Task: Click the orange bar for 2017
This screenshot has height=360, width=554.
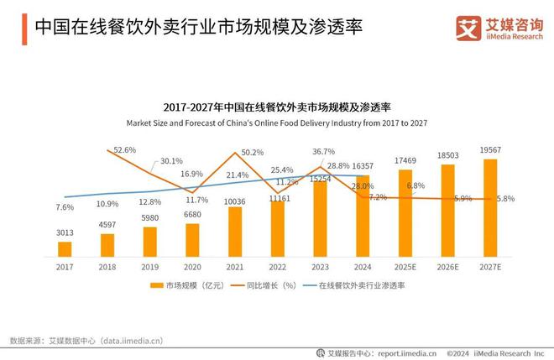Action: pyautogui.click(x=65, y=248)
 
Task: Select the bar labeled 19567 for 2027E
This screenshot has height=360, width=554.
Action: pyautogui.click(x=490, y=207)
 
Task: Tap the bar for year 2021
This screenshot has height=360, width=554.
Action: pyautogui.click(x=235, y=231)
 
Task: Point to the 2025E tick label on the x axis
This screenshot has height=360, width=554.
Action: pyautogui.click(x=405, y=267)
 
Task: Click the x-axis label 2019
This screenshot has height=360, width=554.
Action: pyautogui.click(x=149, y=267)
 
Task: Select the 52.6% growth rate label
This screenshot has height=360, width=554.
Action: pyautogui.click(x=125, y=149)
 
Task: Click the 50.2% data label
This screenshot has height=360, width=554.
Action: pyautogui.click(x=253, y=153)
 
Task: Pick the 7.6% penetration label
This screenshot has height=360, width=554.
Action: pyautogui.click(x=65, y=206)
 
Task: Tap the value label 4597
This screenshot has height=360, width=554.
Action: pyautogui.click(x=107, y=225)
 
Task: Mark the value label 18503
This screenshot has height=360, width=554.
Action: pyautogui.click(x=448, y=155)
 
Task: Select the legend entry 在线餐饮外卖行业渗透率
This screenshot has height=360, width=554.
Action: pyautogui.click(x=362, y=286)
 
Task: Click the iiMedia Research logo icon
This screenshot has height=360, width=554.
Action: pyautogui.click(x=467, y=28)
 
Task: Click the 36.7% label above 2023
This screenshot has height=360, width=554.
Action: pyautogui.click(x=323, y=152)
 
